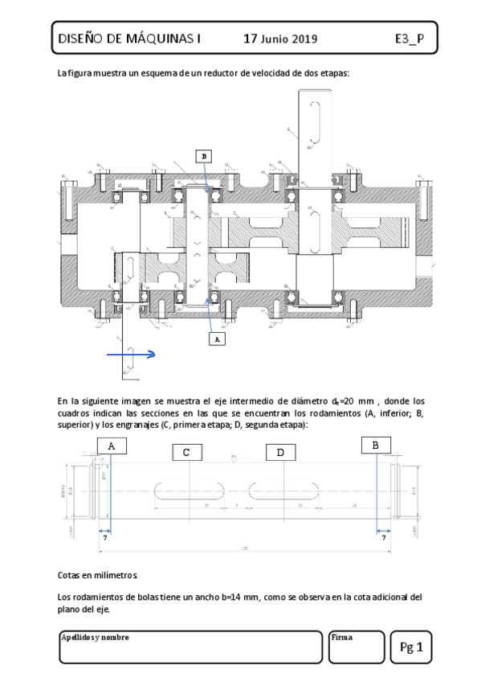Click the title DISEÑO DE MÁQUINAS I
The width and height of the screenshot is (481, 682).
[128, 38]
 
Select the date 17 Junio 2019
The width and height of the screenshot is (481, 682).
[280, 38]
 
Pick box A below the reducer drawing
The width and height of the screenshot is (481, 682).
[214, 339]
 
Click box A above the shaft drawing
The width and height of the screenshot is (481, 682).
[111, 445]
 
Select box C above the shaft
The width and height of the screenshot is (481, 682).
[186, 453]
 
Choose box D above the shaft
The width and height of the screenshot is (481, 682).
[280, 453]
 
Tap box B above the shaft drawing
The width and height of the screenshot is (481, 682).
[376, 444]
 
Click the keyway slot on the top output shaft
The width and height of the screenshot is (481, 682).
[315, 122]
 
